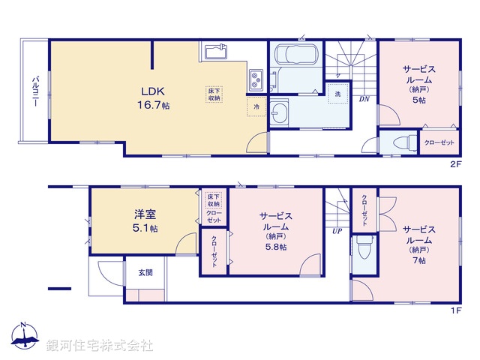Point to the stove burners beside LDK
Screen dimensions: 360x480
pyautogui.click(x=256, y=79)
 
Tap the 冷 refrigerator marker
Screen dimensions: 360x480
pyautogui.click(x=256, y=107)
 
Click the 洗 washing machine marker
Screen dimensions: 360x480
pyautogui.click(x=337, y=94)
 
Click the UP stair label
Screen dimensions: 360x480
pyautogui.click(x=337, y=231)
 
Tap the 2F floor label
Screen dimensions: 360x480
pyautogui.click(x=454, y=163)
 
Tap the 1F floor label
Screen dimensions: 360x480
pyautogui.click(x=454, y=310)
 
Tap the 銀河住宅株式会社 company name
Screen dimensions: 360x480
pyautogui.click(x=99, y=345)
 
